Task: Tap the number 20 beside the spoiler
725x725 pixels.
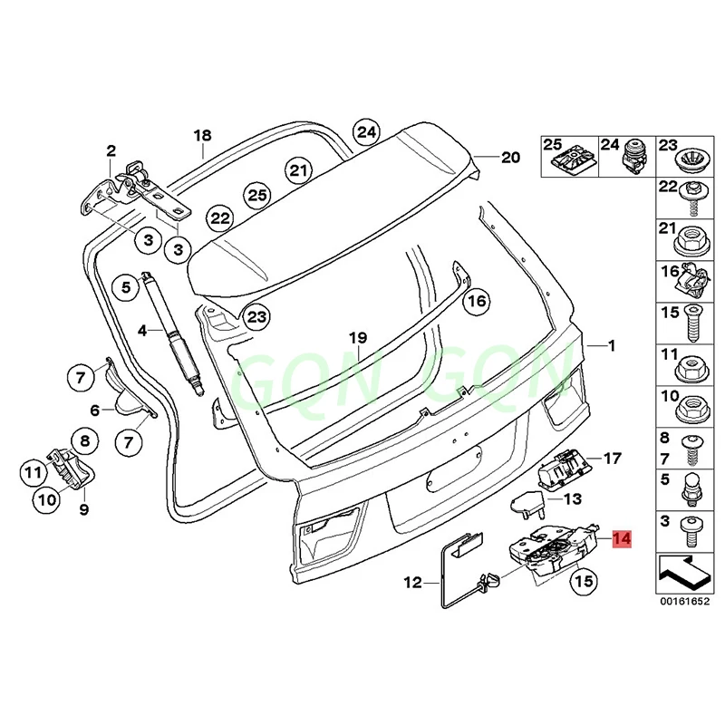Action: [x=510, y=157]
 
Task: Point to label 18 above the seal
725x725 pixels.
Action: [x=202, y=137]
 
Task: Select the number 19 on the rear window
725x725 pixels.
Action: [x=359, y=339]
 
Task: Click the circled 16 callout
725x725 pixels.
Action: [x=477, y=301]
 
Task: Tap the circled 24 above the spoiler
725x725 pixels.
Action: [x=365, y=131]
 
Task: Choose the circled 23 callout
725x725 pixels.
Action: [x=257, y=316]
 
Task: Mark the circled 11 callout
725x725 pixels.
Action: [x=34, y=471]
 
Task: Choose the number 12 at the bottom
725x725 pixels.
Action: [x=412, y=583]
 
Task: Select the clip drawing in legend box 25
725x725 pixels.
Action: [x=570, y=163]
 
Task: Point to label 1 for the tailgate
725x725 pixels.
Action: [x=612, y=345]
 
